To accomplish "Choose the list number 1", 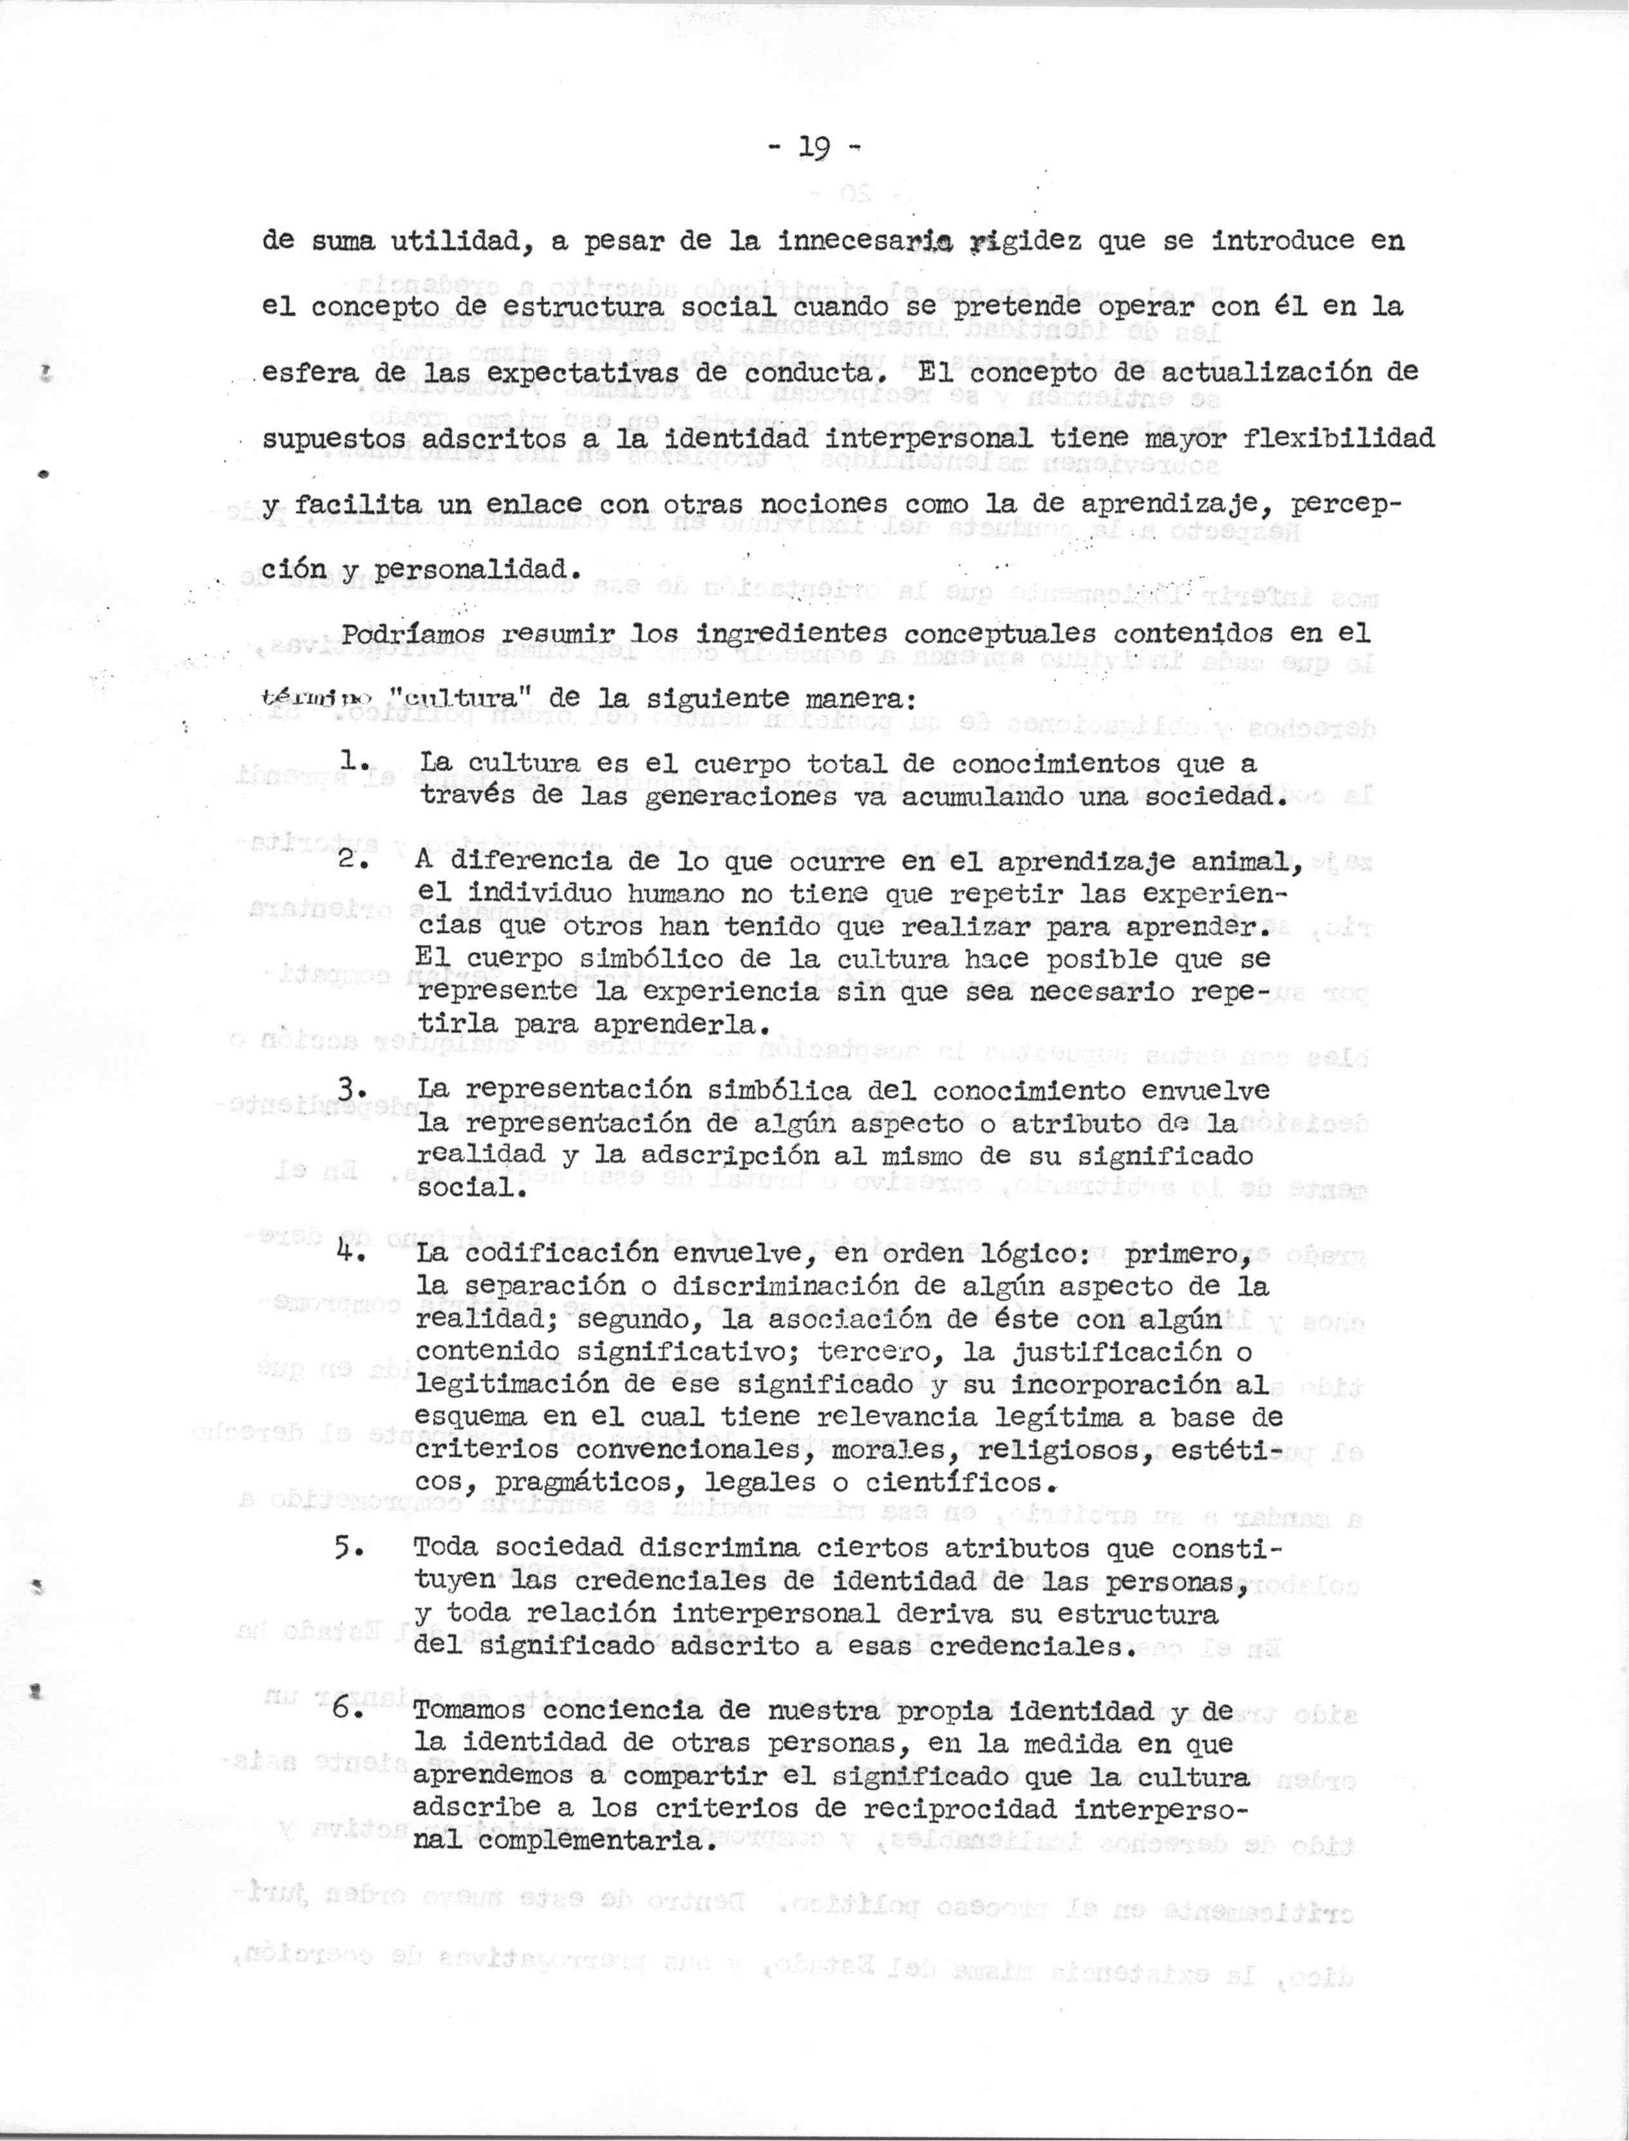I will coord(349,762).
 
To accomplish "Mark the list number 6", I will coord(349,1712).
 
